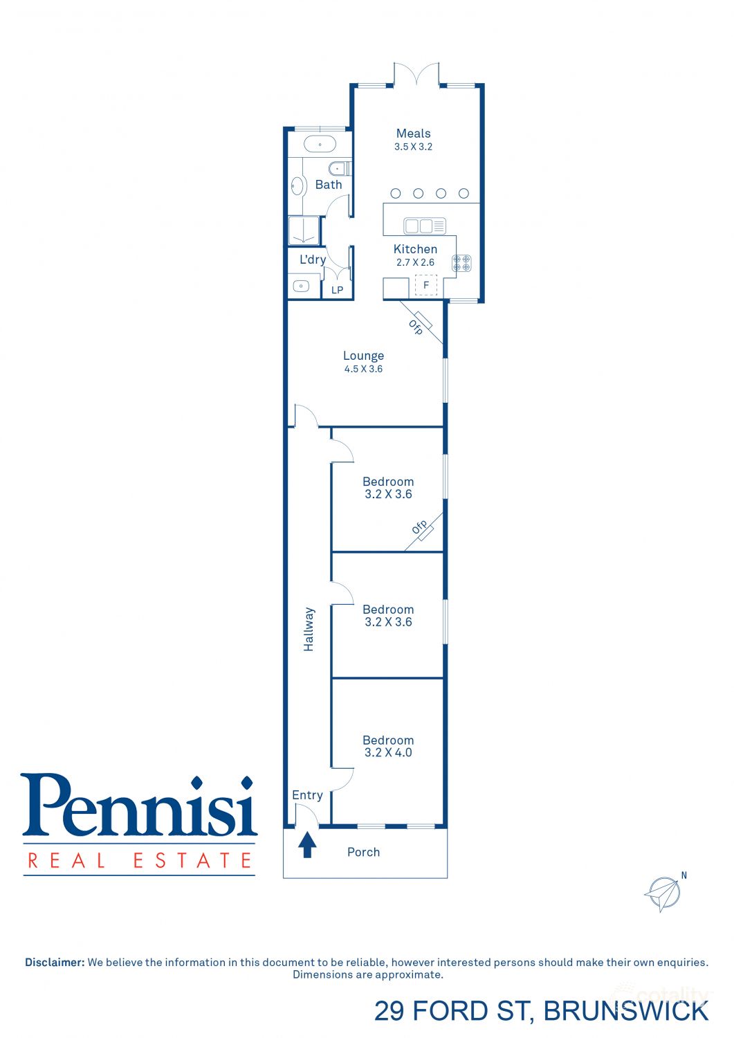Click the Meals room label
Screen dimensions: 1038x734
(x=413, y=134)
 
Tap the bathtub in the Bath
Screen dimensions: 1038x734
(x=320, y=145)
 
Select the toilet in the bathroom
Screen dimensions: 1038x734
(x=338, y=168)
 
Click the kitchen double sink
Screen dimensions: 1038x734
(x=425, y=226)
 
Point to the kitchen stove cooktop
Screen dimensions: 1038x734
(x=461, y=263)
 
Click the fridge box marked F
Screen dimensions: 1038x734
(x=426, y=285)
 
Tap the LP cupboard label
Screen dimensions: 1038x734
(x=337, y=290)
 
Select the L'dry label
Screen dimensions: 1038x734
(x=312, y=259)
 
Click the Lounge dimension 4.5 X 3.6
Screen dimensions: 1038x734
(x=363, y=369)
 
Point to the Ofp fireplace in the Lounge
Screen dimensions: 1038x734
(x=418, y=325)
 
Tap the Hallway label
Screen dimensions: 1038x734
(x=309, y=629)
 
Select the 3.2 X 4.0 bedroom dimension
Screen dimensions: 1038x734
(x=388, y=753)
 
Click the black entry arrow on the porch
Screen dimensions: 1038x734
(x=307, y=845)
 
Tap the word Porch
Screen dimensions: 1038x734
(x=363, y=853)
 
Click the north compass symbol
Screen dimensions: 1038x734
(x=663, y=893)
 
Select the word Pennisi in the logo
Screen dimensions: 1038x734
(x=139, y=805)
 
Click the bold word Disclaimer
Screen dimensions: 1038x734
(x=55, y=962)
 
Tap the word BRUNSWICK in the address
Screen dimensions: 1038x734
(x=625, y=1011)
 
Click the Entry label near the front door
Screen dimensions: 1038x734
(x=307, y=795)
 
